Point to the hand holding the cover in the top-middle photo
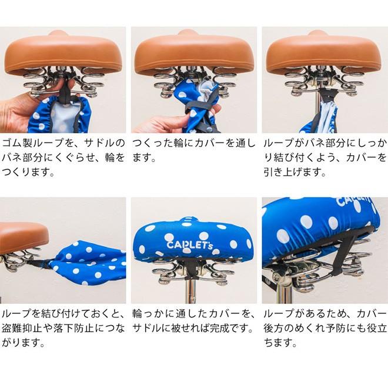[x=159, y=123]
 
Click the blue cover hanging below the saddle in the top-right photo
[x=320, y=121]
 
